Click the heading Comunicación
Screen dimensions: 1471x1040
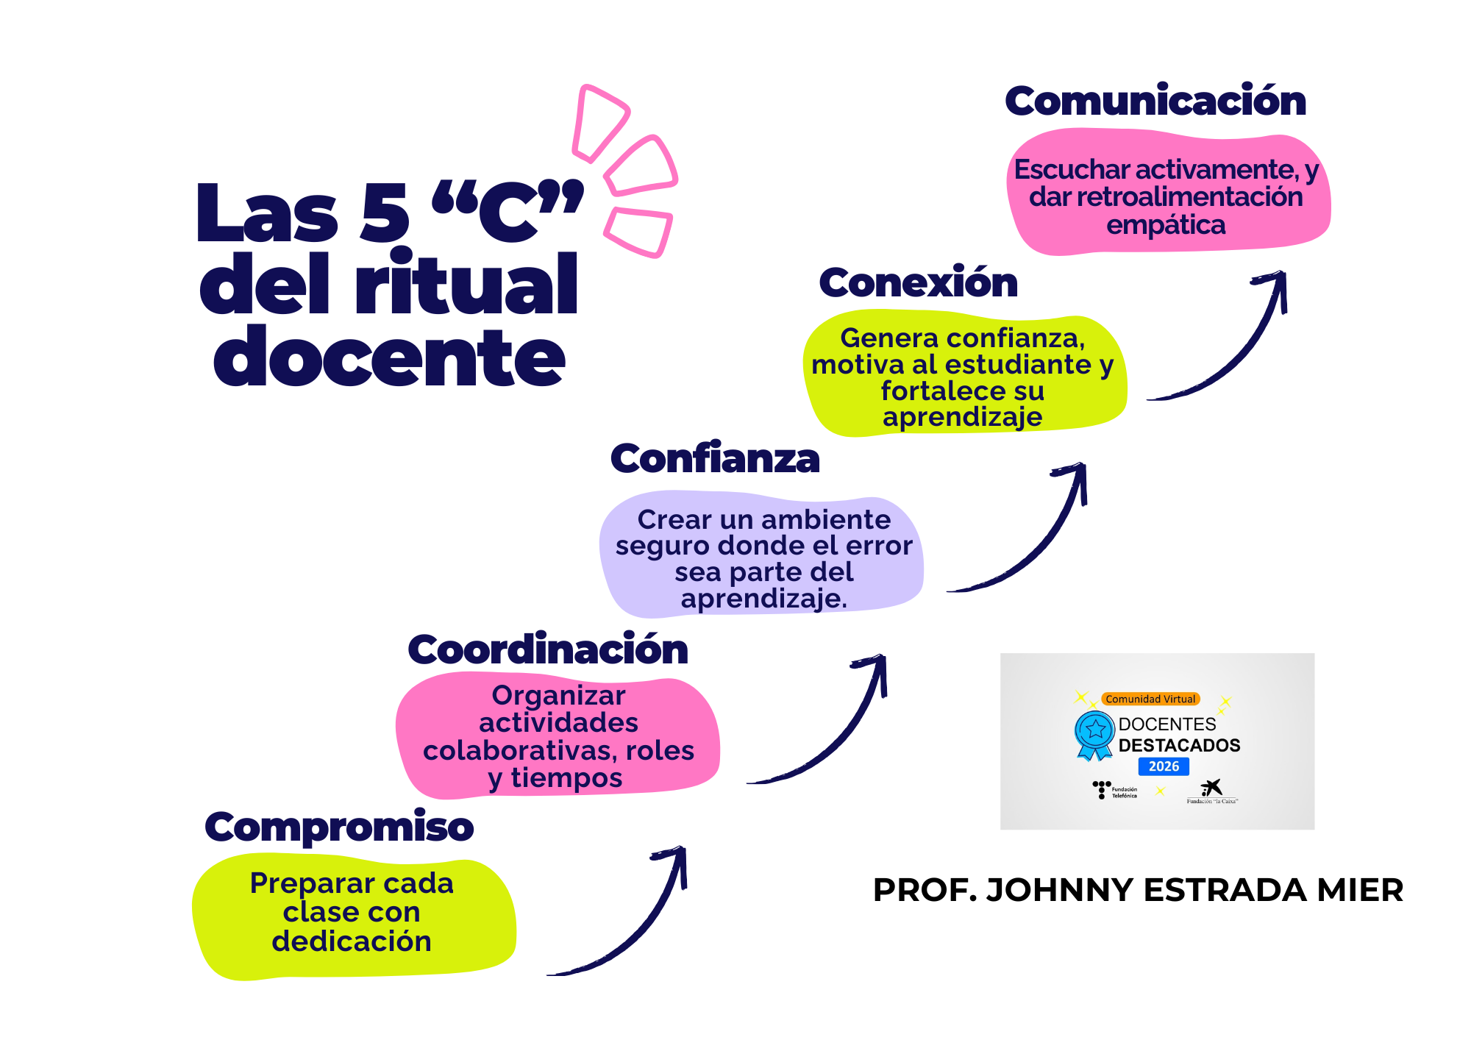pyautogui.click(x=1155, y=101)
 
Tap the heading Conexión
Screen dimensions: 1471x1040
pyautogui.click(x=918, y=283)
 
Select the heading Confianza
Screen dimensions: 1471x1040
pyautogui.click(x=715, y=459)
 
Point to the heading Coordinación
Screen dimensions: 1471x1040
pyautogui.click(x=548, y=650)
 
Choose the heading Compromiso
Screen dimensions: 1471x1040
pyautogui.click(x=339, y=827)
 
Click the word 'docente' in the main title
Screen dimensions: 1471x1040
pyautogui.click(x=390, y=357)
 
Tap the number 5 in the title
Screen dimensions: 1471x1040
pyautogui.click(x=384, y=213)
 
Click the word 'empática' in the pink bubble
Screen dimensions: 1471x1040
pyautogui.click(x=1166, y=225)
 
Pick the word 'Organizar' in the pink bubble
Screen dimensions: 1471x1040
pyautogui.click(x=558, y=695)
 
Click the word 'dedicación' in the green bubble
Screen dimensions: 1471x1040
pyautogui.click(x=352, y=941)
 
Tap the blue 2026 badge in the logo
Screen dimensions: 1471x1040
pyautogui.click(x=1164, y=766)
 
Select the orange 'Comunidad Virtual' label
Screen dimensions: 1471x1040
pyautogui.click(x=1150, y=699)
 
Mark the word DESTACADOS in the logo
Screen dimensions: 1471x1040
pyautogui.click(x=1179, y=745)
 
